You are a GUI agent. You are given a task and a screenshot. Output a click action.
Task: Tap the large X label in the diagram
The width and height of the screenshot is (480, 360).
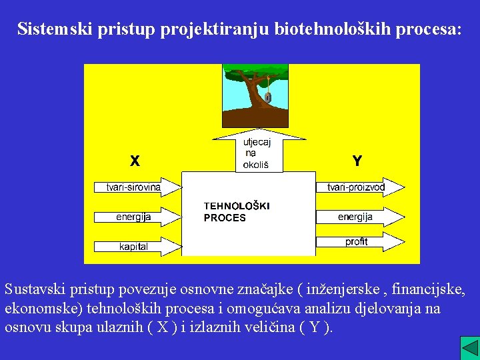(135, 161)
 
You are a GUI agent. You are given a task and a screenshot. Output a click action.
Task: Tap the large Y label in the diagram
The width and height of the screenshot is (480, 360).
(357, 161)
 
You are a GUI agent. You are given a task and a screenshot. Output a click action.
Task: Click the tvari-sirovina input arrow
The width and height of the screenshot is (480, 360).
(137, 187)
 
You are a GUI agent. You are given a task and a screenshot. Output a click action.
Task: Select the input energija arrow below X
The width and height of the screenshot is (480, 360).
(137, 217)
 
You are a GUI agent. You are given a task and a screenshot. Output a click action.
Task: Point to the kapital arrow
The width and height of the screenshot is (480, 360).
(137, 247)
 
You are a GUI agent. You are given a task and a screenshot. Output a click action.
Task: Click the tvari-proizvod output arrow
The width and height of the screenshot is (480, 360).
(359, 187)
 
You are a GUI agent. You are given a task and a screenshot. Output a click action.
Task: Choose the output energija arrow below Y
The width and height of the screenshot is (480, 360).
(359, 217)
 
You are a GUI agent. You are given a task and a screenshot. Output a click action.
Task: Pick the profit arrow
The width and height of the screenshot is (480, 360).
(359, 242)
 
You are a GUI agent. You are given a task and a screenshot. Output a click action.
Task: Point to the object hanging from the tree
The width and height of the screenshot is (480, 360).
(267, 97)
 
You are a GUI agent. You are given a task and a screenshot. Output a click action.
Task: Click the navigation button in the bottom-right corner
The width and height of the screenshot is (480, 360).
(469, 347)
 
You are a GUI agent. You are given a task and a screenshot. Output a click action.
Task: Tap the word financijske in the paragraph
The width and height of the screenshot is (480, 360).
(427, 291)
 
